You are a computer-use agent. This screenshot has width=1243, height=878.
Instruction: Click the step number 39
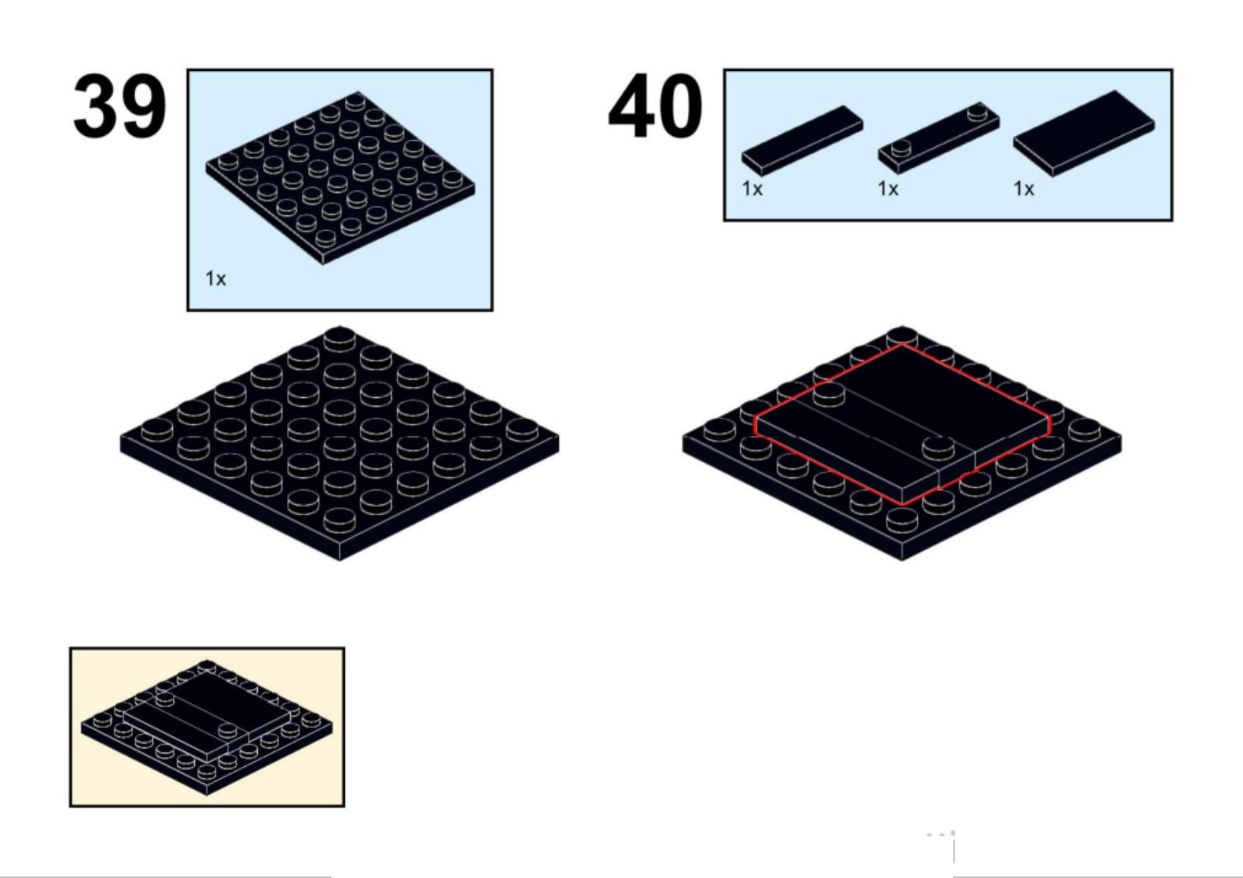[120, 106]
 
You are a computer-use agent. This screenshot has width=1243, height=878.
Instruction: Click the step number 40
[655, 106]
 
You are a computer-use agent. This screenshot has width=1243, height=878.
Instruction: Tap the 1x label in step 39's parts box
[215, 279]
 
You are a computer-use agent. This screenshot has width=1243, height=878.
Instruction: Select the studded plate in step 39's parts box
[340, 177]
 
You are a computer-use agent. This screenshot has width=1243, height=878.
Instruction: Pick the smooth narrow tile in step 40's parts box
[802, 140]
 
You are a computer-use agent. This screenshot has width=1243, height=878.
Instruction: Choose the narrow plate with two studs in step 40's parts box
[938, 137]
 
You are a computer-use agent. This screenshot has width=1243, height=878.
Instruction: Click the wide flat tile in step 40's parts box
[1084, 133]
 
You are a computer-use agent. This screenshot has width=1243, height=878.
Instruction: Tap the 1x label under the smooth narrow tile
[752, 189]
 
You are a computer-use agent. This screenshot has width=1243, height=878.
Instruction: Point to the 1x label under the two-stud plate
[888, 189]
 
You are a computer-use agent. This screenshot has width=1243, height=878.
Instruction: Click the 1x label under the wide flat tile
[1024, 189]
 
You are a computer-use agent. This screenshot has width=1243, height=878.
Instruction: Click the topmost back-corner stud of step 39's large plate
[340, 338]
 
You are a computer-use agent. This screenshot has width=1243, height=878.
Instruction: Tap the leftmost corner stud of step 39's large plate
[157, 429]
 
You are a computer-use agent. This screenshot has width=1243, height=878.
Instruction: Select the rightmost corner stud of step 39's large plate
[522, 429]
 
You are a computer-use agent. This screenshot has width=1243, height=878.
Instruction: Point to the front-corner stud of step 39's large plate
[340, 520]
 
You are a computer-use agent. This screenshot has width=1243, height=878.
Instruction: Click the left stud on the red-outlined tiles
[829, 393]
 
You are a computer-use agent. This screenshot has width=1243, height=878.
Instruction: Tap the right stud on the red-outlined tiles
[938, 447]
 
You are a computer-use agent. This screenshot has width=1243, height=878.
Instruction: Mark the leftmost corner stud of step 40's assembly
[720, 429]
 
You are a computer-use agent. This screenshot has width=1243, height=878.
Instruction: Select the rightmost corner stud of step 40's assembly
[1084, 429]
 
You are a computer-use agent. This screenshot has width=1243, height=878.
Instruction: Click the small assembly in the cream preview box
[207, 728]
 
